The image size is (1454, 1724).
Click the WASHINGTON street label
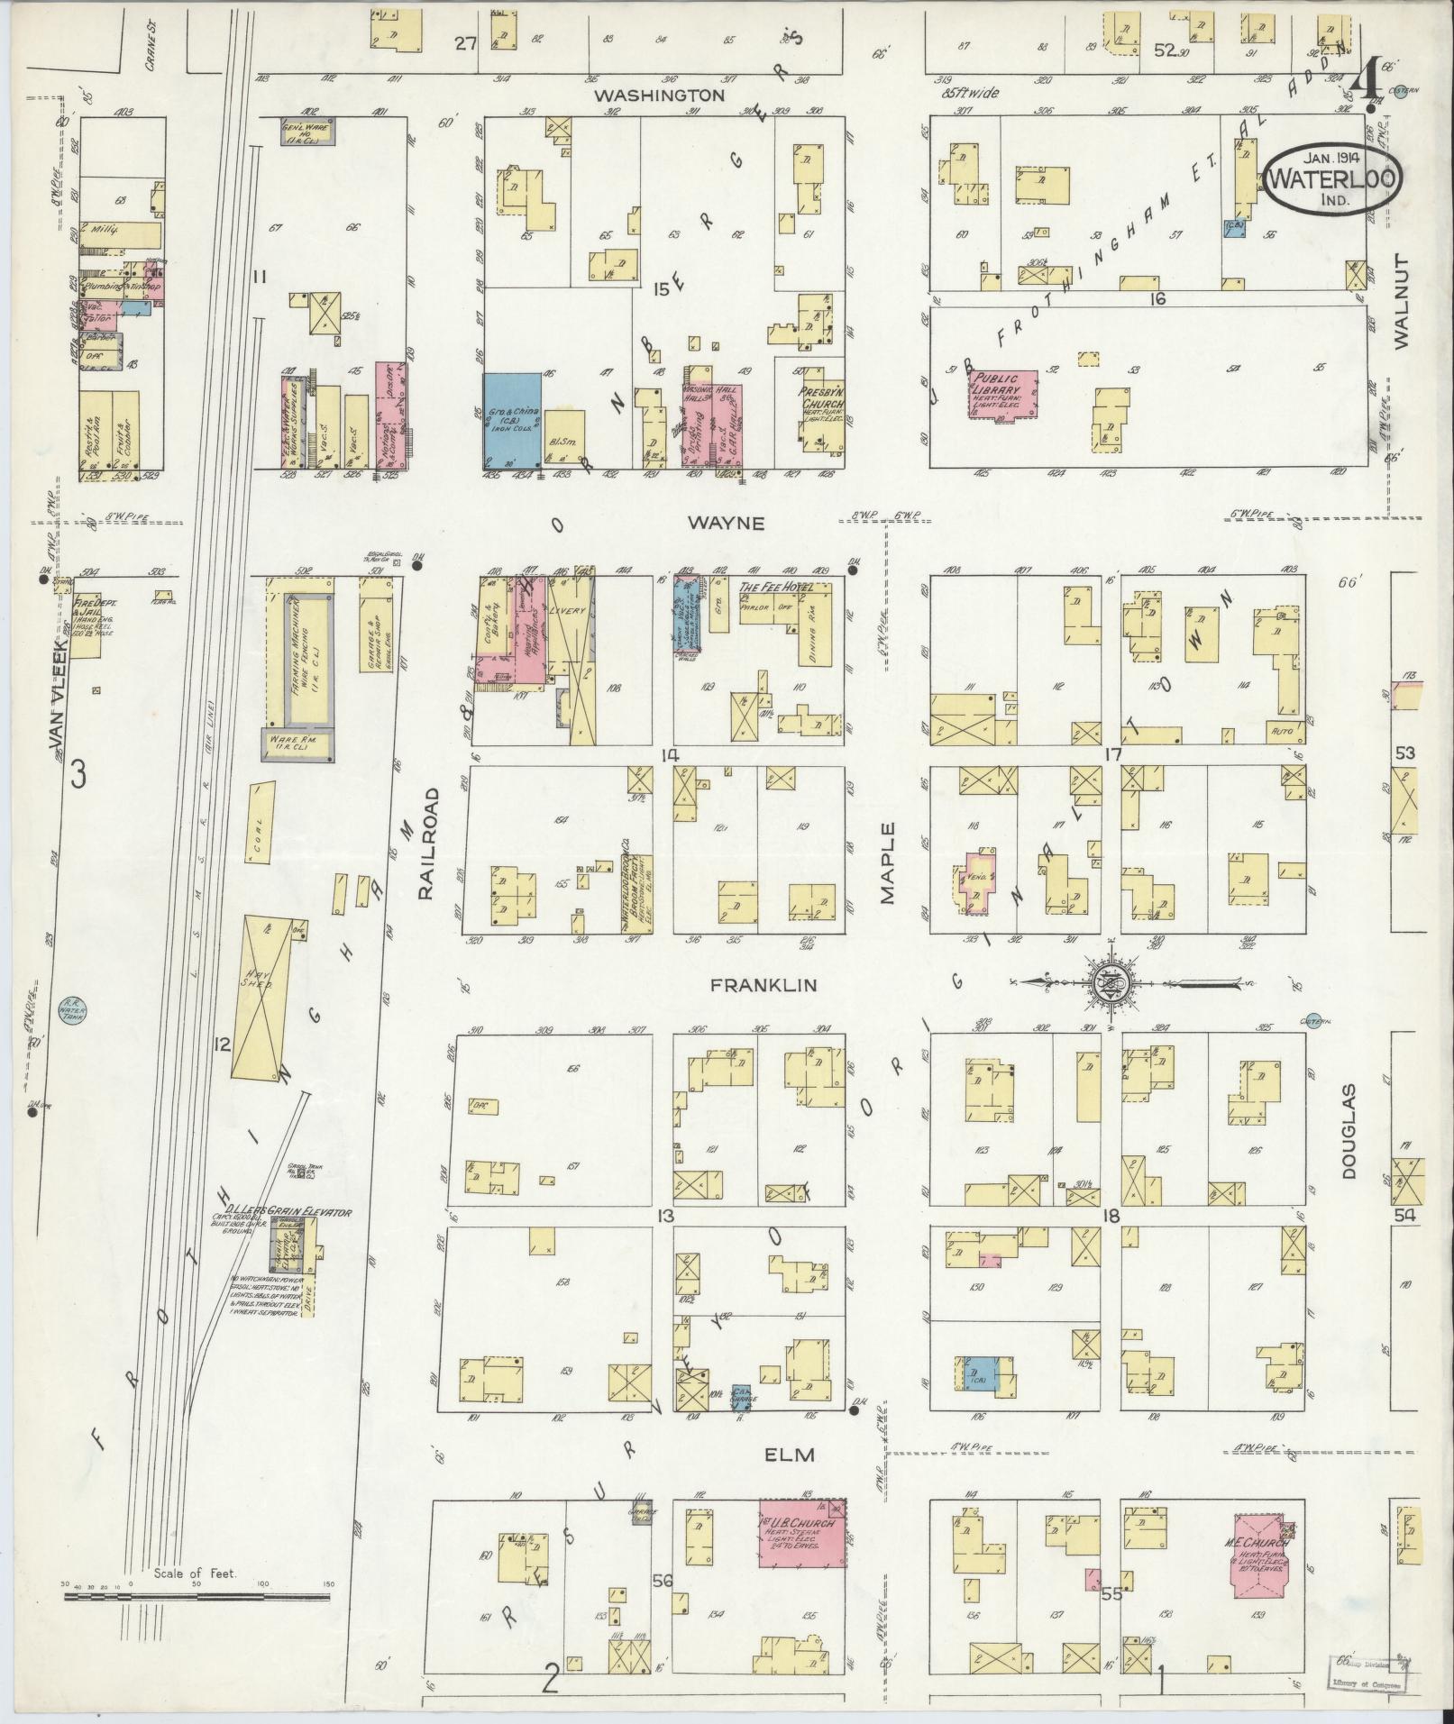[659, 94]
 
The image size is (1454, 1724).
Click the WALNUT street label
[1399, 299]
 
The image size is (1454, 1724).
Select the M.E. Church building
[1260, 1556]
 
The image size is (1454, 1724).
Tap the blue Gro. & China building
[512, 419]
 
